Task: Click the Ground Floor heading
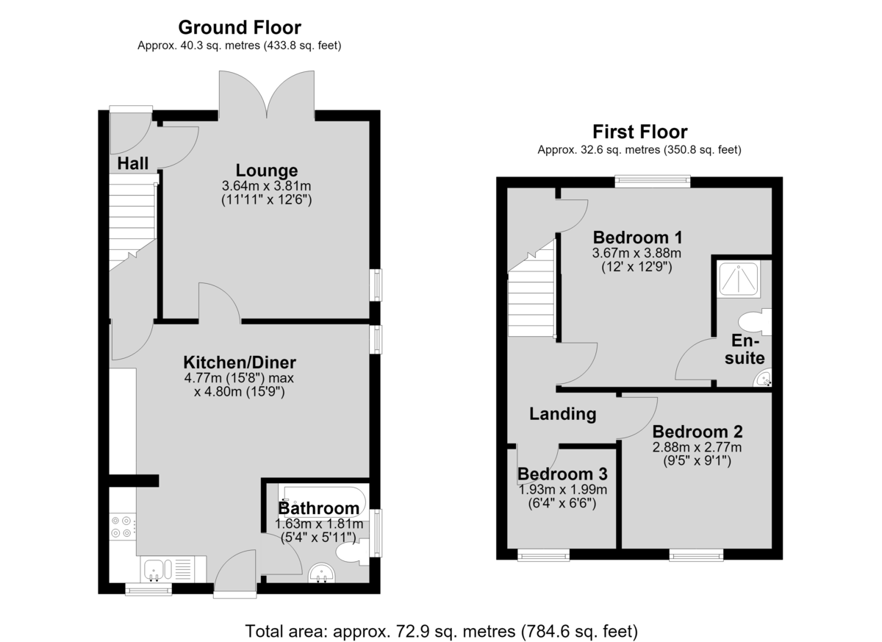coord(240,27)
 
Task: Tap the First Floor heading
coord(640,132)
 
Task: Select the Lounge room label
coord(267,170)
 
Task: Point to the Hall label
coord(133,163)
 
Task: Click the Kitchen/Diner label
coord(240,362)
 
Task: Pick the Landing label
coord(562,413)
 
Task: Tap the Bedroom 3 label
coord(562,474)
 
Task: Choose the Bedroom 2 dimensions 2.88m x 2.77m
coord(697,447)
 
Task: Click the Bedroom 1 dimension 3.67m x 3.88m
coord(637,253)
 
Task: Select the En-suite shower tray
coord(738,279)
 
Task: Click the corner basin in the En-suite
coord(763,378)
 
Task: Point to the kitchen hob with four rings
coord(123,527)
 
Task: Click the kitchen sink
coord(173,568)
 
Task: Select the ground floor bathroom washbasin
coord(322,572)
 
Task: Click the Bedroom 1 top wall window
coord(653,180)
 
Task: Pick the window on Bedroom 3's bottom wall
coord(543,556)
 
